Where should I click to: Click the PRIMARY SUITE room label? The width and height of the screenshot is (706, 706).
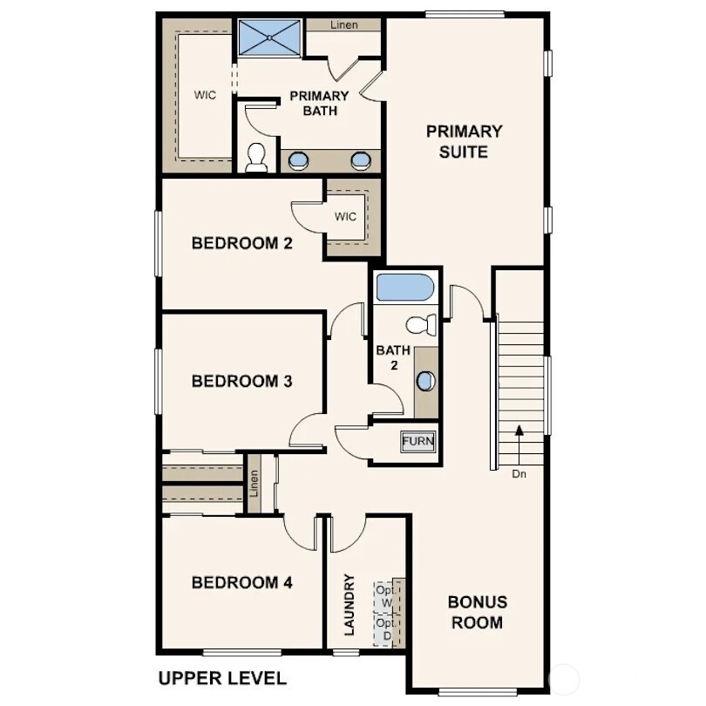(x=464, y=141)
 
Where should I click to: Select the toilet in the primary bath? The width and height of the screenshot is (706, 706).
(x=256, y=157)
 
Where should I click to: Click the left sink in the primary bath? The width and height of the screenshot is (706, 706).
(x=299, y=160)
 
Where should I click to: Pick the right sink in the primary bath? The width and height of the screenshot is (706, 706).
(x=361, y=160)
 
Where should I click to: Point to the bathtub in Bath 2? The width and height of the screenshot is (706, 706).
(x=404, y=289)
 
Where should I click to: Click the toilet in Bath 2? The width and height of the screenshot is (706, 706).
(x=422, y=324)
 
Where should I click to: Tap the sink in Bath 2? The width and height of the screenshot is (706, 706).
(x=426, y=382)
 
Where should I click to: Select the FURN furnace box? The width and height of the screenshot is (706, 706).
(x=417, y=441)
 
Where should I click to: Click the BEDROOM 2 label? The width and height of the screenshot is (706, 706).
(x=241, y=243)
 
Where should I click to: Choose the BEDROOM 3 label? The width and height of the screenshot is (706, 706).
(x=241, y=381)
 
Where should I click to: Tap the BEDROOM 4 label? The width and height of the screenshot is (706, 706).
(x=241, y=583)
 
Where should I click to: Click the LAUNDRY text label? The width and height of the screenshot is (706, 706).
(x=349, y=604)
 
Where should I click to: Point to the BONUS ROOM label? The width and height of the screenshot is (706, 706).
(x=477, y=612)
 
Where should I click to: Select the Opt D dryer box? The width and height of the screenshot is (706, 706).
(x=384, y=629)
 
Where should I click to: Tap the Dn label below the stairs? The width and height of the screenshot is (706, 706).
(x=519, y=475)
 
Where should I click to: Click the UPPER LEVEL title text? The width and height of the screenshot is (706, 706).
(x=221, y=677)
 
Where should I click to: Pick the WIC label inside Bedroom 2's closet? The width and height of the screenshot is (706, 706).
(x=345, y=217)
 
